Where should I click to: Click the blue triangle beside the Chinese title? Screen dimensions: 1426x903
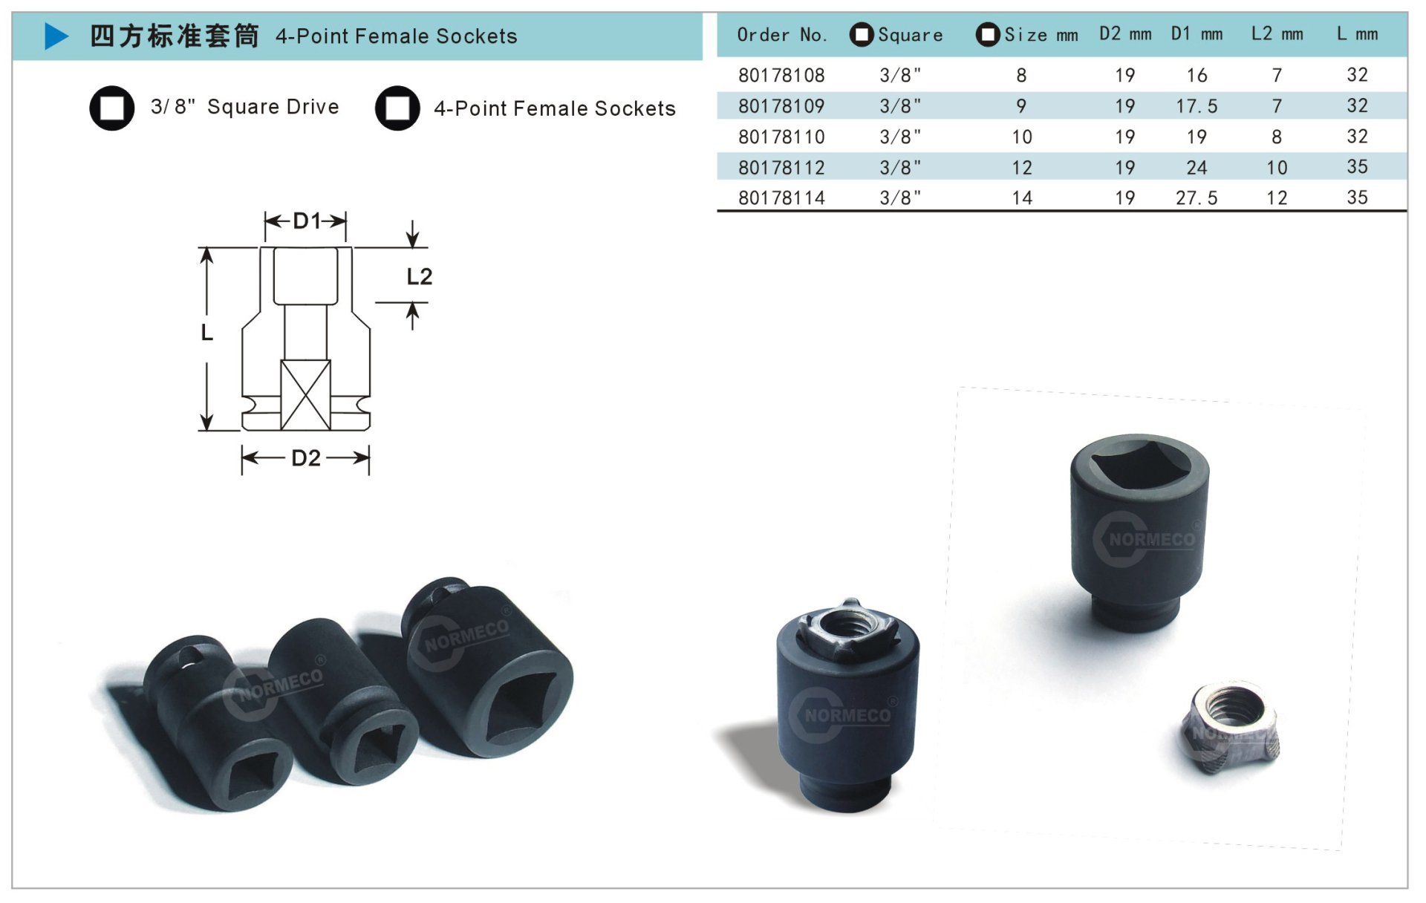[x=56, y=36]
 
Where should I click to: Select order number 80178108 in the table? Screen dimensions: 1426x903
[x=781, y=75]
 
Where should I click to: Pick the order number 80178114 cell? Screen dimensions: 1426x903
[x=781, y=198]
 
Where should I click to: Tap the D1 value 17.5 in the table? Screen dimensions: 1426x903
[x=1197, y=106]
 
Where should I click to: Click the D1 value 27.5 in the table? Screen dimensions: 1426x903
[x=1197, y=198]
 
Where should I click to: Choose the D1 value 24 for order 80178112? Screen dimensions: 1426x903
[x=1197, y=167]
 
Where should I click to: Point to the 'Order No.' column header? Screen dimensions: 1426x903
[x=782, y=35]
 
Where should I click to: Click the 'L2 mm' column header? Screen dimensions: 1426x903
[x=1277, y=34]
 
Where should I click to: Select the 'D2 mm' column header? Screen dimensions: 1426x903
[x=1125, y=34]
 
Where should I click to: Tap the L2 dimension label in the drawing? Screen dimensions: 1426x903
[x=419, y=277]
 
